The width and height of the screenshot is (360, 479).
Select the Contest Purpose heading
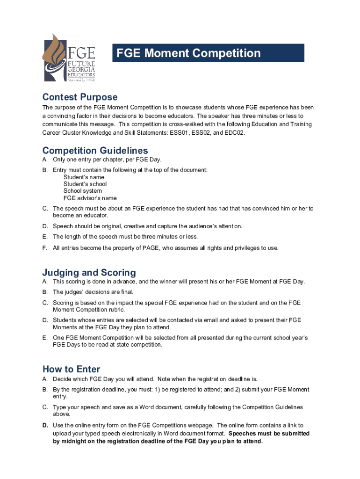point(80,97)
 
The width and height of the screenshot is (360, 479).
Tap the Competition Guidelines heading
point(95,151)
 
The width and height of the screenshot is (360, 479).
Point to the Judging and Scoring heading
point(89,273)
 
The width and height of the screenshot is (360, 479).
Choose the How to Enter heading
point(71,369)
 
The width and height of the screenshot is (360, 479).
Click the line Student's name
point(84,177)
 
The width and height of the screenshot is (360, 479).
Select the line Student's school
point(85,184)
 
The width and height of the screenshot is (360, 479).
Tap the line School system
point(83,191)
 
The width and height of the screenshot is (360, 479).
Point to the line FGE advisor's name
point(90,198)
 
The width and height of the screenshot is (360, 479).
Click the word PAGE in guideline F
point(144,248)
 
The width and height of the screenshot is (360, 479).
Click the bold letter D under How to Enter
point(45,426)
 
